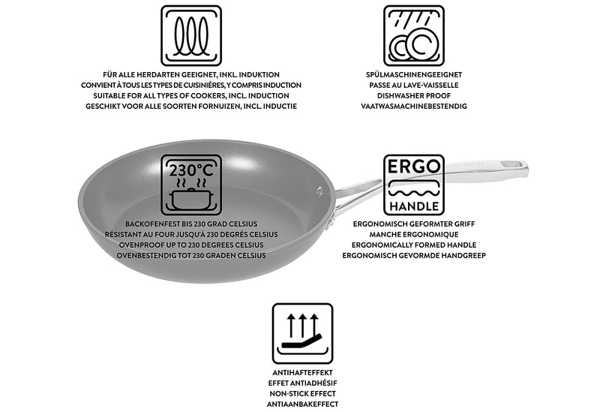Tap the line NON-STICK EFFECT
point(303,392)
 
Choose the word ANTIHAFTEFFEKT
point(303,372)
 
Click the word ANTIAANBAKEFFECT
point(303,403)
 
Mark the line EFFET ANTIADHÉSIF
point(303,382)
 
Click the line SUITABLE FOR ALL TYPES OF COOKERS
point(191,96)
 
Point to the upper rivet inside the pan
point(320,191)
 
